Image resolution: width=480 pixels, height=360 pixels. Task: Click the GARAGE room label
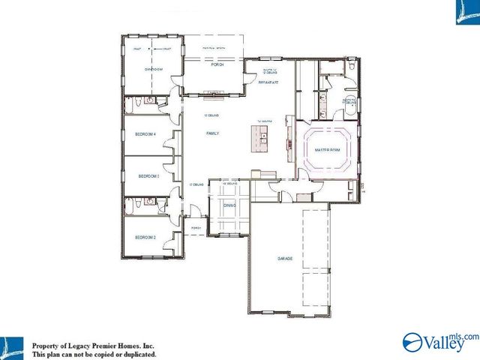[x=285, y=259]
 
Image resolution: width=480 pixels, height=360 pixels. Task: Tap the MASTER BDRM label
[x=327, y=150]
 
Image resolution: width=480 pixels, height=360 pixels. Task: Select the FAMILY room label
[x=212, y=133]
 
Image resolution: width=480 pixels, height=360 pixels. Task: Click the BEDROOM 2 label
[x=145, y=237]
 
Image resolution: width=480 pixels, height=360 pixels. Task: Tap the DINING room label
[x=229, y=205]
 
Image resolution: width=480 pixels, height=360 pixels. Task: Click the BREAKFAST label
[x=268, y=82]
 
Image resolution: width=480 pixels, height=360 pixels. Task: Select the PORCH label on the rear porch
[x=217, y=65]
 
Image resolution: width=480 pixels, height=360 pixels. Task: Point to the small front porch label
[x=197, y=228]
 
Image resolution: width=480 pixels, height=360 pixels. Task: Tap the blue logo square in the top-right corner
[x=466, y=13]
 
